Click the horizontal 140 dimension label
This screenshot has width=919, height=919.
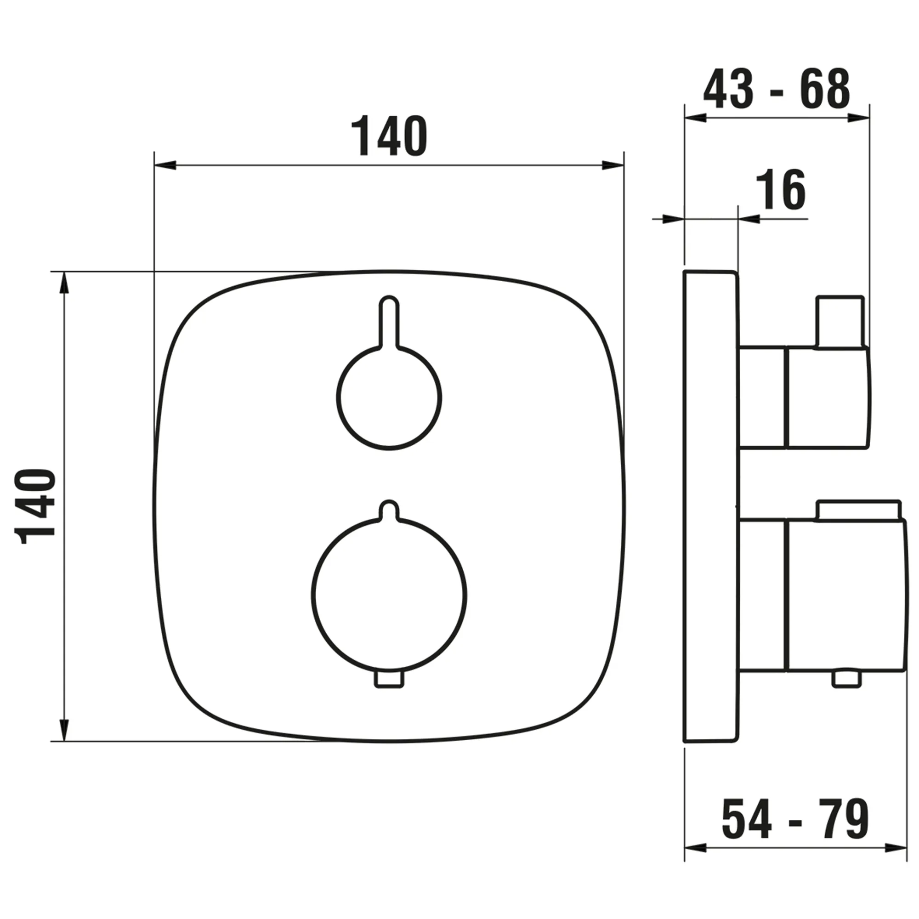click(x=389, y=136)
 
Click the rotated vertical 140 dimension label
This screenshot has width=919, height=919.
click(x=36, y=506)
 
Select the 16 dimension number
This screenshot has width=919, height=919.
click(x=781, y=190)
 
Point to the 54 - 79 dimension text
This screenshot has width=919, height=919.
click(x=795, y=819)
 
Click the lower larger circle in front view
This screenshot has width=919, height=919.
click(x=389, y=596)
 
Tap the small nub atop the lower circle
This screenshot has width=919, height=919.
click(x=389, y=509)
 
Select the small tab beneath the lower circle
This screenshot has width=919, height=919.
click(x=389, y=679)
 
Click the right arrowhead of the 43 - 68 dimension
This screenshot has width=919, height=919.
click(x=859, y=118)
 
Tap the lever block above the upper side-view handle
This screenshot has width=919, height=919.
click(x=840, y=322)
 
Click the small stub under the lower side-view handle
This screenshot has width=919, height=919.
click(x=847, y=679)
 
